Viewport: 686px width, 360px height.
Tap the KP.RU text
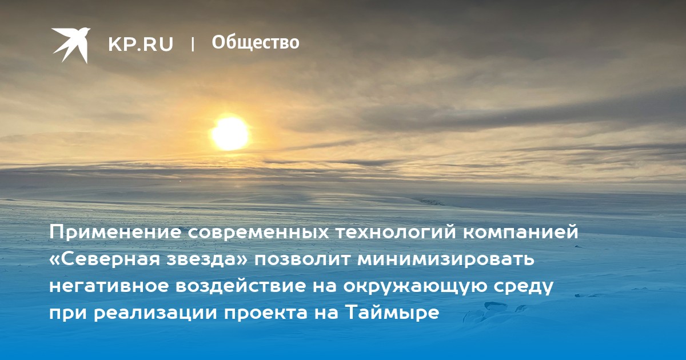point(141,44)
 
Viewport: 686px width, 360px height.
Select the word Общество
point(256,42)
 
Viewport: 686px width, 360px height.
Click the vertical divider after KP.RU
point(193,44)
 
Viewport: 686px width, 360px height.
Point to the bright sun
point(230,134)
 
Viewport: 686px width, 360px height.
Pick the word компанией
point(520,233)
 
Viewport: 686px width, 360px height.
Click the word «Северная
point(105,260)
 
